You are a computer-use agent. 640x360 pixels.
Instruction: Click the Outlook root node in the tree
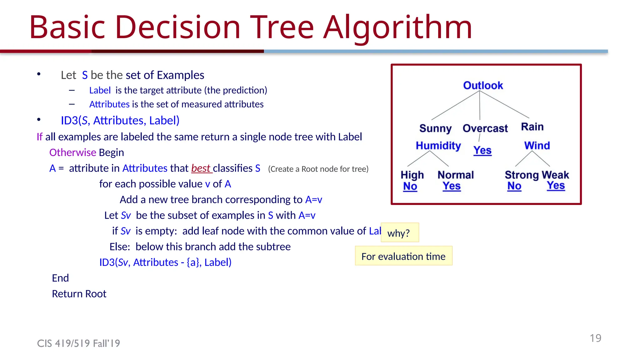pyautogui.click(x=483, y=85)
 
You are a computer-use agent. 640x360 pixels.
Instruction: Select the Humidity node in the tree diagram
pyautogui.click(x=438, y=146)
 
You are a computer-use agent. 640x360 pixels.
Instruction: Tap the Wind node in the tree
pyautogui.click(x=537, y=146)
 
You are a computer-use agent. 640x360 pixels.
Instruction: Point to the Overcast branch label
pyautogui.click(x=485, y=128)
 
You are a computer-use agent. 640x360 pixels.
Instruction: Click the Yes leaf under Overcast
pyautogui.click(x=482, y=151)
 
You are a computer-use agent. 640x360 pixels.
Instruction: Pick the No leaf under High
pyautogui.click(x=410, y=186)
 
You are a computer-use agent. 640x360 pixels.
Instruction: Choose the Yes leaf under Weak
pyautogui.click(x=556, y=186)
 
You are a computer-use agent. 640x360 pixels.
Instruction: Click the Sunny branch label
pyautogui.click(x=435, y=128)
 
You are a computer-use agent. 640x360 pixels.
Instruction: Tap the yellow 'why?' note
pyautogui.click(x=400, y=233)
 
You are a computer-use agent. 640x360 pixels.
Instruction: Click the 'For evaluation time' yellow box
pyautogui.click(x=403, y=256)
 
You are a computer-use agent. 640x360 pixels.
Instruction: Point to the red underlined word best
pyautogui.click(x=201, y=168)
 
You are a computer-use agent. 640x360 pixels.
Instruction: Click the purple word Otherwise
pyautogui.click(x=72, y=152)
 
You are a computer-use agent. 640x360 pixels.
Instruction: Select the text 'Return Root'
pyautogui.click(x=79, y=294)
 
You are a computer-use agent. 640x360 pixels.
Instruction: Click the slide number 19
pyautogui.click(x=595, y=338)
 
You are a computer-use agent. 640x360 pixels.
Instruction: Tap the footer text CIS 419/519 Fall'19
pyautogui.click(x=78, y=343)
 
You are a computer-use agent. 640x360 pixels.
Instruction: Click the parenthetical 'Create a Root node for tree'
pyautogui.click(x=318, y=169)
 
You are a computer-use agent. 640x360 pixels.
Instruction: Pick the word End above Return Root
pyautogui.click(x=60, y=278)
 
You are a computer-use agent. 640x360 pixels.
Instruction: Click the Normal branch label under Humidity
pyautogui.click(x=456, y=175)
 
